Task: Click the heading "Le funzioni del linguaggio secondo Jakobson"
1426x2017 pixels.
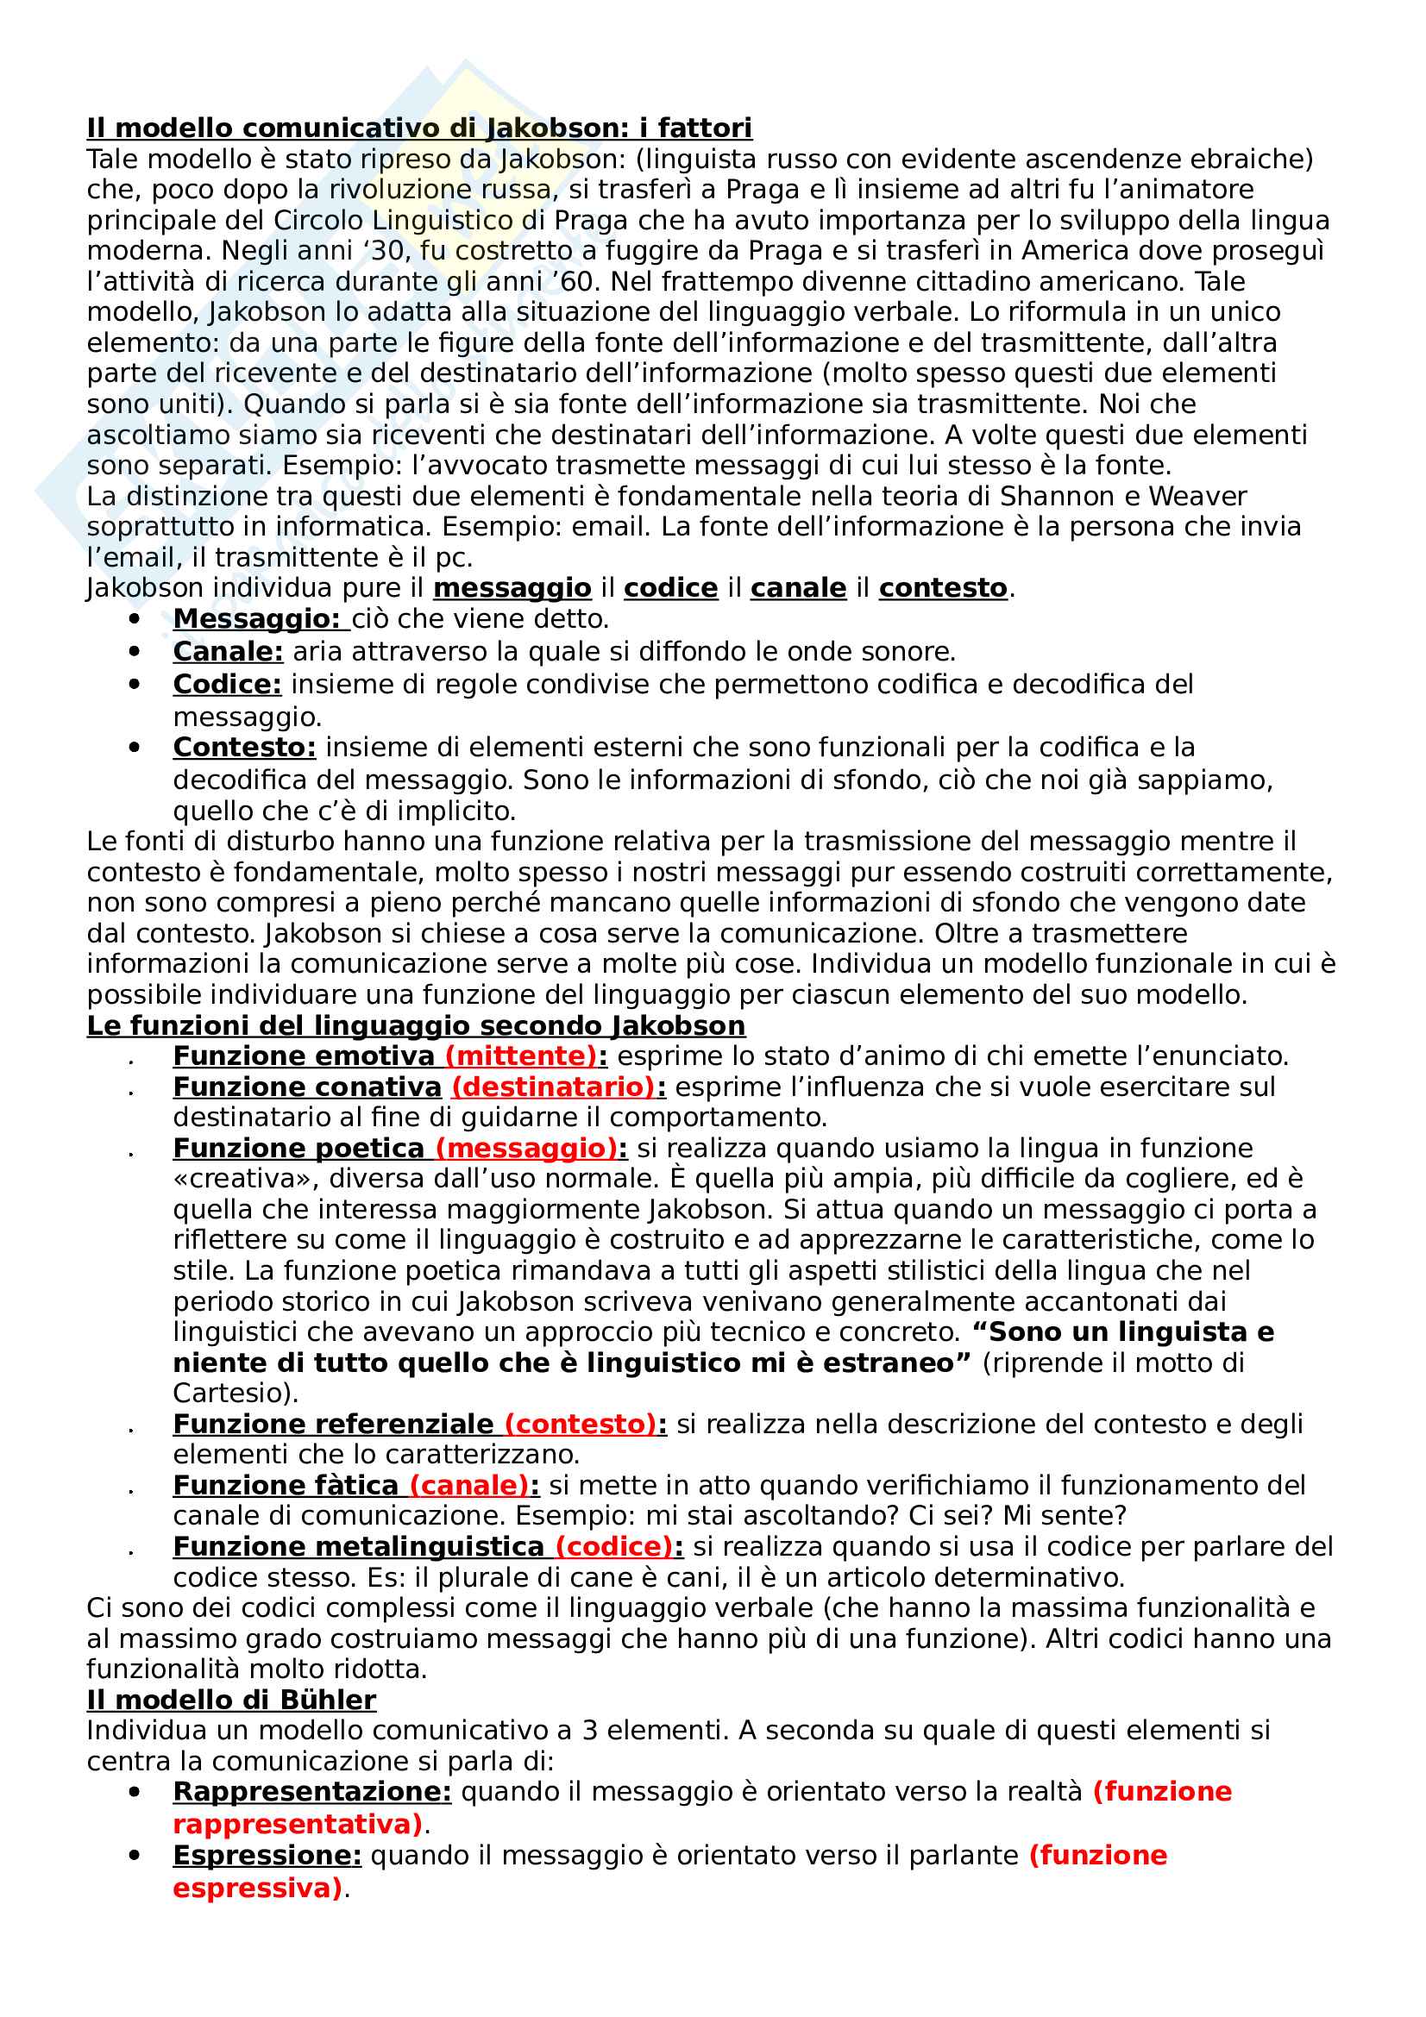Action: pos(416,1025)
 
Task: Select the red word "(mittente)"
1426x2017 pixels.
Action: pos(521,1056)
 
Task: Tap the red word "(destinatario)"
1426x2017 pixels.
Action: pos(554,1087)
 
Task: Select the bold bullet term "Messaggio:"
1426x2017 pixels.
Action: pos(256,618)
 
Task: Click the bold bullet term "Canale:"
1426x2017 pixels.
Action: pos(228,651)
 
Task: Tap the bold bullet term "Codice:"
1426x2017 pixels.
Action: pos(227,684)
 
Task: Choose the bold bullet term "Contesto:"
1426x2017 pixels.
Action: pos(244,747)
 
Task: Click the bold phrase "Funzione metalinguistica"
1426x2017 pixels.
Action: pos(359,1546)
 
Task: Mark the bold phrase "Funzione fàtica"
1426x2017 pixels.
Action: pos(286,1485)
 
